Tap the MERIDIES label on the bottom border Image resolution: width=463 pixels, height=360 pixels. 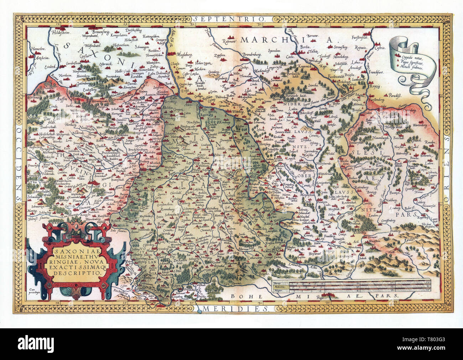point(231,306)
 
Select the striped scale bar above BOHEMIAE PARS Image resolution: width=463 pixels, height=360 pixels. point(351,286)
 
